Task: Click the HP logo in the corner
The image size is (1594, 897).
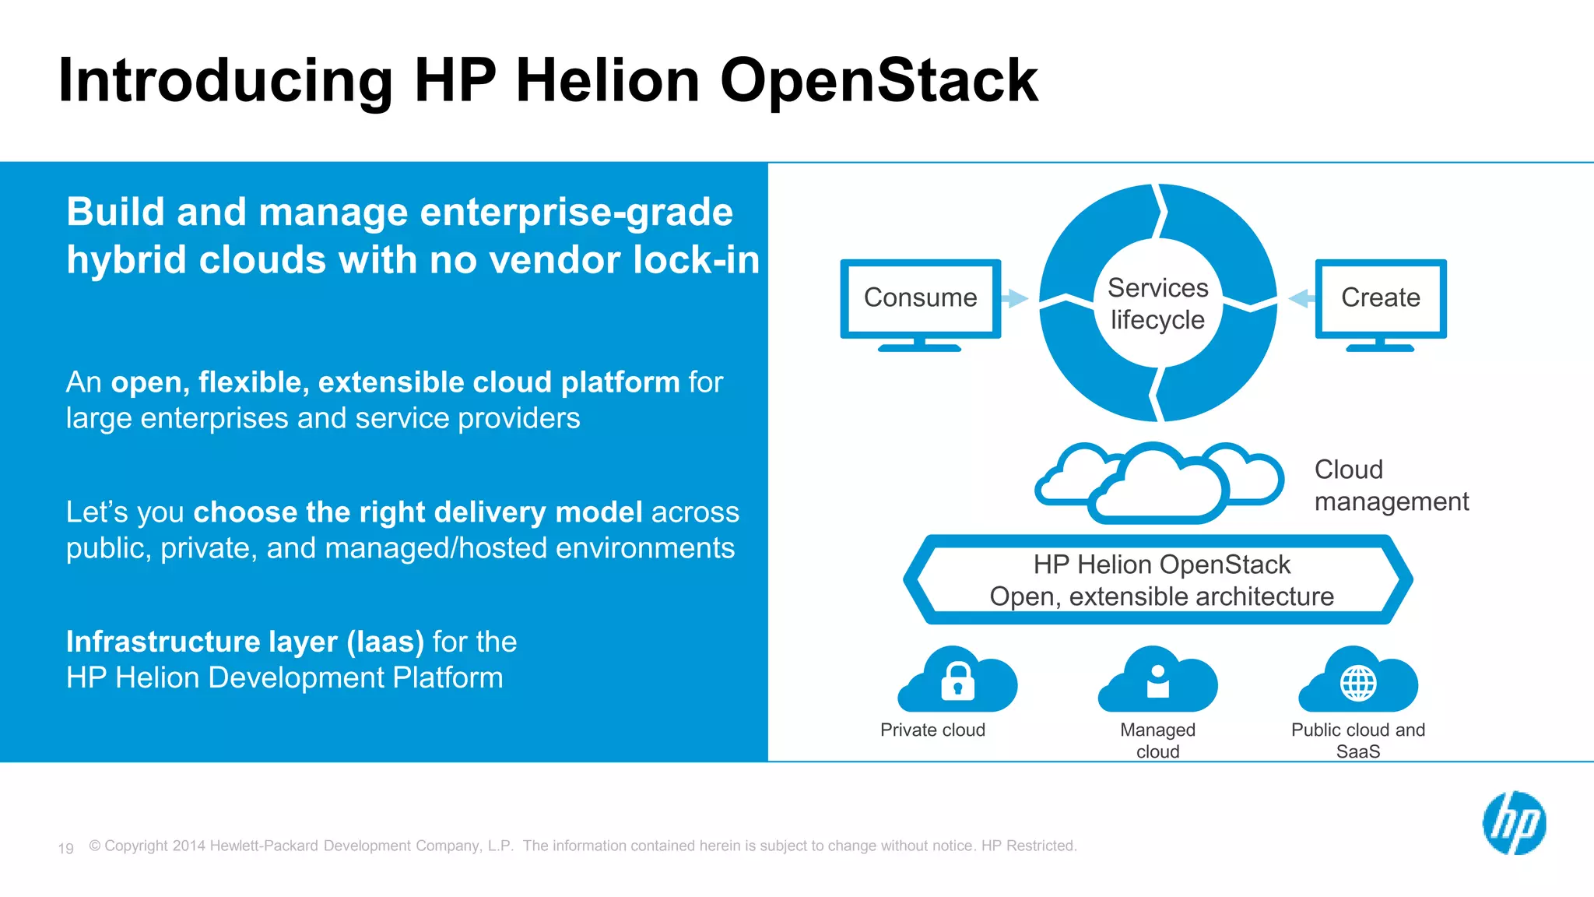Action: coord(1514,823)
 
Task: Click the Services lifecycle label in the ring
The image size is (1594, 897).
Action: coord(1157,304)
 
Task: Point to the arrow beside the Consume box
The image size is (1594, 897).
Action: coord(1014,298)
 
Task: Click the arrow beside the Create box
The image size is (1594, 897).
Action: coord(1301,298)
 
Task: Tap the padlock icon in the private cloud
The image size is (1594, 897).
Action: coord(957,681)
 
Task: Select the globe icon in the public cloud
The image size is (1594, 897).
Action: coord(1358,684)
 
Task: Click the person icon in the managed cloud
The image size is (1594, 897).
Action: coord(1157,681)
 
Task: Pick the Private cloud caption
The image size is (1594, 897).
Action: coord(932,730)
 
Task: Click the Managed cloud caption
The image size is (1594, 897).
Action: coord(1157,740)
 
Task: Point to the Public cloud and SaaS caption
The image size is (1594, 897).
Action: coord(1358,740)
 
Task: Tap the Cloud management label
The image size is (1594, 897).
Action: coord(1391,486)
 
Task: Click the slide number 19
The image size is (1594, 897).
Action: coord(65,848)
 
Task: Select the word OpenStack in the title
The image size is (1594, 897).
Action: coord(879,80)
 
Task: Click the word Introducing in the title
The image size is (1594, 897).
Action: coord(226,80)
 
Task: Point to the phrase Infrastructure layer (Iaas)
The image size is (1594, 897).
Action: coord(245,642)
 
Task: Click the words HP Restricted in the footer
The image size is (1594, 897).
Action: coord(1028,846)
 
